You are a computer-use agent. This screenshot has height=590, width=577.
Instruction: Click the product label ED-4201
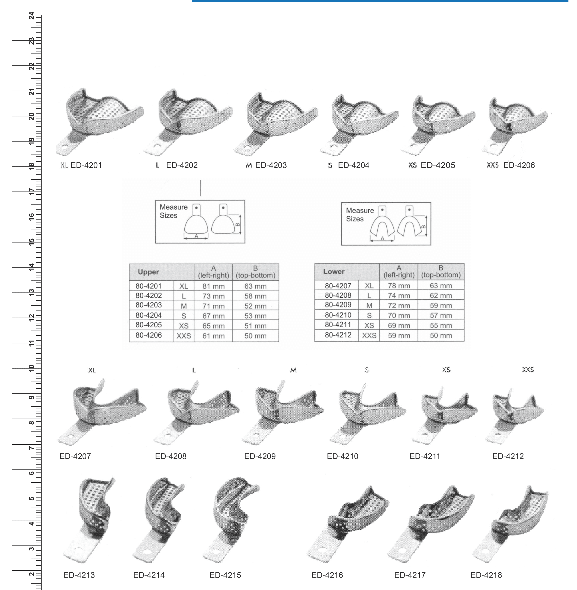coord(86,165)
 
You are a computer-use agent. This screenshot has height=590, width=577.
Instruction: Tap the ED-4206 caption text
coord(519,165)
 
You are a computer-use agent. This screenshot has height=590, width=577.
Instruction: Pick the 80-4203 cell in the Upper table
coord(149,305)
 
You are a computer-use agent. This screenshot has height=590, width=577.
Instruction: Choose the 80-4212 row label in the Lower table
coord(338,335)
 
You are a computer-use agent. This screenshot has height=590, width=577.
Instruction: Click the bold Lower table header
coord(334,272)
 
